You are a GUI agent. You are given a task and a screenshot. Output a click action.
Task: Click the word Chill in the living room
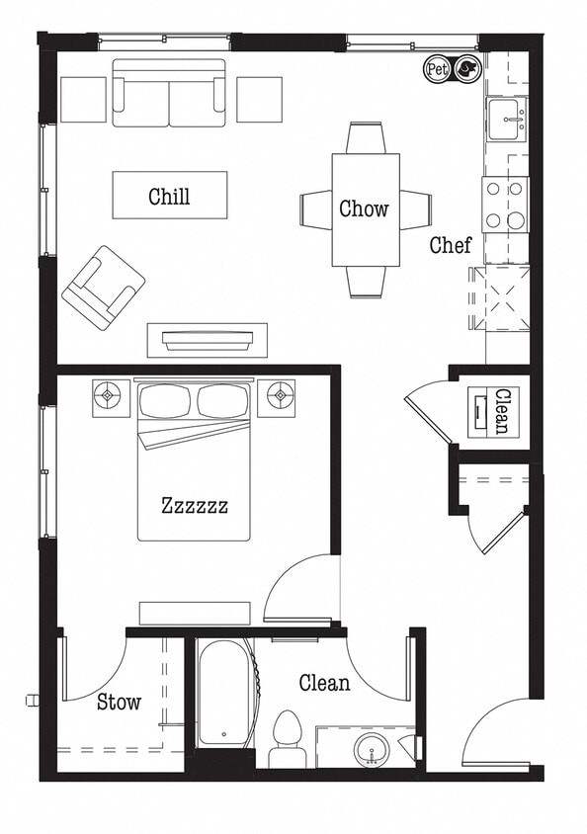[x=169, y=196]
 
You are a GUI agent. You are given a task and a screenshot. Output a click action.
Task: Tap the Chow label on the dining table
[x=364, y=208]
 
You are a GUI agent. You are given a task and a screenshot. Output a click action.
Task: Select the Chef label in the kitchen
[x=450, y=245]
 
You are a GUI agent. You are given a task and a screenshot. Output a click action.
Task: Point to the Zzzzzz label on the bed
[x=195, y=506]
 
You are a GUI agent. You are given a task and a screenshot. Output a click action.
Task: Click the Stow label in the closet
[x=119, y=703]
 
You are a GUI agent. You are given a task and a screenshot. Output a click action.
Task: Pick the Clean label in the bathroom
[x=324, y=683]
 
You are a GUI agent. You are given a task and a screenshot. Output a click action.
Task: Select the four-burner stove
[x=505, y=205]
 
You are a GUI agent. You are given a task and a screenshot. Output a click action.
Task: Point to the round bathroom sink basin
[x=373, y=750]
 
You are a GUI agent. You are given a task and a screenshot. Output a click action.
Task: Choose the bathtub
[x=224, y=692]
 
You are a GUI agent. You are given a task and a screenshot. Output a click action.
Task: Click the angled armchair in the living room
[x=103, y=287]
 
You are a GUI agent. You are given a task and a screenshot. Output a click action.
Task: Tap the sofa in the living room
[x=169, y=94]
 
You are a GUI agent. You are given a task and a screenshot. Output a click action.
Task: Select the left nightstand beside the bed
[x=111, y=397]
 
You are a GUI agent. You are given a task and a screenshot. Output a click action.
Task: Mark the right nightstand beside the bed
[x=277, y=397]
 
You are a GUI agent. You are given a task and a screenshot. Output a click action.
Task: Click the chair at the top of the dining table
[x=366, y=137]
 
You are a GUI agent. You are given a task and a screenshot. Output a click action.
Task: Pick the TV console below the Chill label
[x=208, y=340]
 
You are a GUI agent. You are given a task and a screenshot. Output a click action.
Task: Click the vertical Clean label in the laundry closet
[x=500, y=409]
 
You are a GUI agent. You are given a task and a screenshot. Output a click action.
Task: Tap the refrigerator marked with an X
[x=506, y=297]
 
